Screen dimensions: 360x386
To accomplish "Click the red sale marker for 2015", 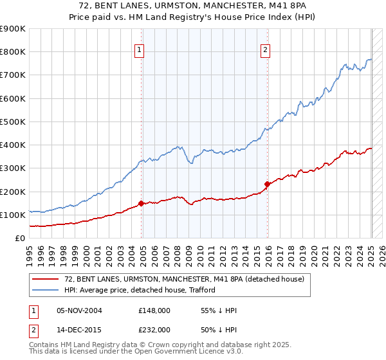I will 268,184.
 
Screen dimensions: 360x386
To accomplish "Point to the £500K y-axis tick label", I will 12,122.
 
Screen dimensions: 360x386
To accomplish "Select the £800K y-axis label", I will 12,51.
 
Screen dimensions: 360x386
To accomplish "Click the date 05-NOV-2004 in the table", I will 80,310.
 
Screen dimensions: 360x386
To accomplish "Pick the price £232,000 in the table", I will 154,329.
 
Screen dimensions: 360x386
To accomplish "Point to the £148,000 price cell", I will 154,310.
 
